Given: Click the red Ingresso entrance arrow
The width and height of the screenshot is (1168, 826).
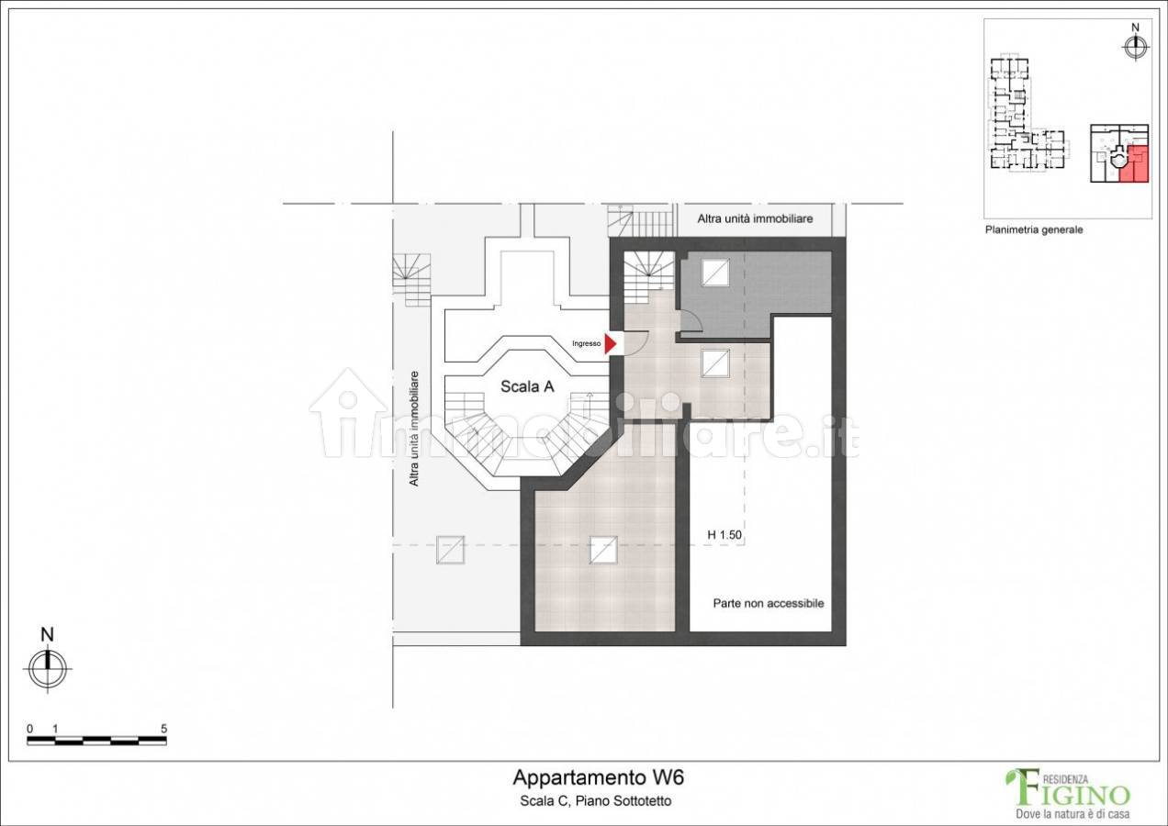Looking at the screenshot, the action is (x=610, y=344).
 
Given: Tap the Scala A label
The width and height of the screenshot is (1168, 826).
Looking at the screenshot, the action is (x=527, y=386).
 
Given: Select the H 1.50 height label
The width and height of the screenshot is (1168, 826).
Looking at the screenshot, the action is (x=724, y=535).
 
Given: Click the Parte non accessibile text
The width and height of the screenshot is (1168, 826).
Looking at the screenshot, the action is (x=769, y=604).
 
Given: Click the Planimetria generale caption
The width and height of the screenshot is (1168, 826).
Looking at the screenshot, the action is (x=1034, y=229).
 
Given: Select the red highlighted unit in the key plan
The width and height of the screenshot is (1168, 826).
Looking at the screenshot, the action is (x=1135, y=163).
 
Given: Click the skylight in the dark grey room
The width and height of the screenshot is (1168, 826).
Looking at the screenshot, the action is (x=715, y=273).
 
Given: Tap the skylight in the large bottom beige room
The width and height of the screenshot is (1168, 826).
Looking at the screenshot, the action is (x=603, y=551).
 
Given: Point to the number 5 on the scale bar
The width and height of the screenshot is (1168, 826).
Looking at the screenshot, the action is (x=163, y=729).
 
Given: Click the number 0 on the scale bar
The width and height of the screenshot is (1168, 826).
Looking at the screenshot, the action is (x=29, y=729).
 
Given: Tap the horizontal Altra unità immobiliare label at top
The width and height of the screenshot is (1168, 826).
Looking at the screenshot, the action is (x=755, y=218).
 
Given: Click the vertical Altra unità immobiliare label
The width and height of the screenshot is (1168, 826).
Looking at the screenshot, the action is (x=414, y=429).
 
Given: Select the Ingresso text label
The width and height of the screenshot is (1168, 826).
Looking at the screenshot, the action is (x=586, y=344).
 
